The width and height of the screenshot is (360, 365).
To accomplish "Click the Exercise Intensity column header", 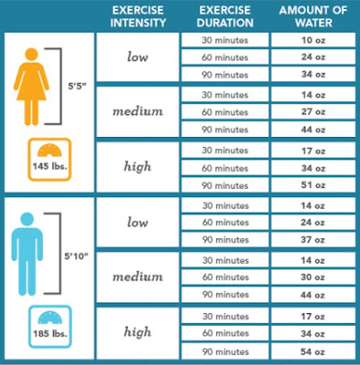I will point(138,16).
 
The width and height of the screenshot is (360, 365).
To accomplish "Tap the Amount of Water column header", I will point(312,16).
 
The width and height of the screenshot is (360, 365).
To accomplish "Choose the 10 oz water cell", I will point(313,41).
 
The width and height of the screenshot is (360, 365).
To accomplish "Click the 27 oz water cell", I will point(313,112).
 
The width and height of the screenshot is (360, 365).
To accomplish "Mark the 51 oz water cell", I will point(313,183).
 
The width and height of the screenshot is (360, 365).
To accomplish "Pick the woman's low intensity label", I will point(138,58).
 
